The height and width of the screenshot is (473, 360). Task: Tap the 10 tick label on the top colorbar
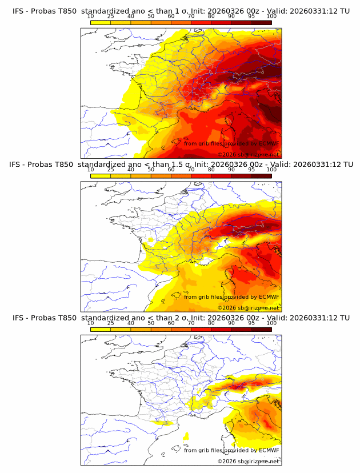(x=91, y=16)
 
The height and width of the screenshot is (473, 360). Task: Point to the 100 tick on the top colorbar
(x=271, y=16)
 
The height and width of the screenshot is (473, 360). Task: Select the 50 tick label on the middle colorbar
(x=151, y=170)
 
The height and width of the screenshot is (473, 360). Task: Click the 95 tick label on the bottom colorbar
(x=251, y=323)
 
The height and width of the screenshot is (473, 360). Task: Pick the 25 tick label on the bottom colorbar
(x=111, y=323)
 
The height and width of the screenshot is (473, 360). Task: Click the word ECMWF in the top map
(x=269, y=143)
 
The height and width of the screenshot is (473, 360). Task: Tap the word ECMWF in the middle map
(x=269, y=297)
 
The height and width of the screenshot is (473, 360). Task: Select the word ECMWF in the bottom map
(x=269, y=451)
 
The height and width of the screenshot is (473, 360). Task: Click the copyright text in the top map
(x=248, y=155)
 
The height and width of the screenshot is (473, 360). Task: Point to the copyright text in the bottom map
(x=248, y=462)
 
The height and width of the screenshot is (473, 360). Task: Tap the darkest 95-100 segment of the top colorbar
(x=261, y=22)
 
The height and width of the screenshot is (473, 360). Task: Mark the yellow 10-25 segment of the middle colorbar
(x=101, y=176)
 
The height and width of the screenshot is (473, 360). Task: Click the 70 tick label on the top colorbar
(x=191, y=16)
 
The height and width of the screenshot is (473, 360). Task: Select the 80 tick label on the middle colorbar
(x=211, y=170)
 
